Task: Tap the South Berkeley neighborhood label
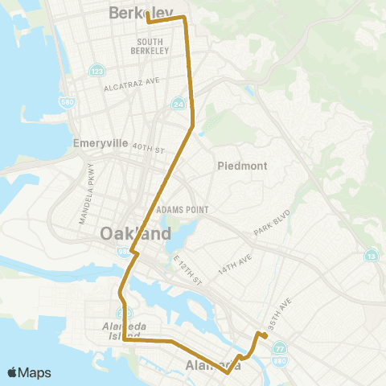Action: [153, 46]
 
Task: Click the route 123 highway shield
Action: [96, 70]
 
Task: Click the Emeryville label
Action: [101, 143]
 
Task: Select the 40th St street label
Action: [149, 150]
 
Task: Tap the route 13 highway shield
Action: [371, 256]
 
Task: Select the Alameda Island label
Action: [121, 330]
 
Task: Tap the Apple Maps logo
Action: [29, 372]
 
